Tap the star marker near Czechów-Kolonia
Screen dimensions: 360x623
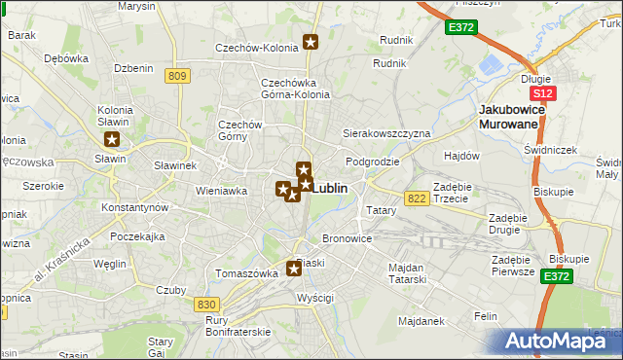311,41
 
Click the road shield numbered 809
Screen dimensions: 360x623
176,77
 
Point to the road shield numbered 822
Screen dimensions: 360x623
418,198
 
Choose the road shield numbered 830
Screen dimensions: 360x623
205,305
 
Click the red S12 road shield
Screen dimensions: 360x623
542,93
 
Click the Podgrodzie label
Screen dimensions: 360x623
372,162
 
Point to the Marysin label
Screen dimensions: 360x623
136,6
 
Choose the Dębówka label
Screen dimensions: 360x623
66,57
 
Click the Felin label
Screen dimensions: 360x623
486,316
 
